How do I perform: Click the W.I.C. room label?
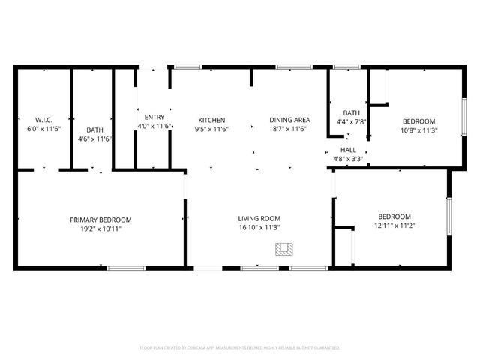(x=43, y=120)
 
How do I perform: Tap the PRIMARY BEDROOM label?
(x=100, y=220)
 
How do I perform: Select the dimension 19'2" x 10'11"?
(x=100, y=229)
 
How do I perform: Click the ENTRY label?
(x=154, y=117)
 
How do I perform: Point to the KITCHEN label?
(x=211, y=120)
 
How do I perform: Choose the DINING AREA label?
(x=289, y=120)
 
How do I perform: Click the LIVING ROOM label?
(x=259, y=220)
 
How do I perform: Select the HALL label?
(x=348, y=150)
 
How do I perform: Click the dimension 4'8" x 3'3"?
(x=348, y=159)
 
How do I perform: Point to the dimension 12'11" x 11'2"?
(x=393, y=225)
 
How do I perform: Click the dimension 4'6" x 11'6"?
(x=94, y=139)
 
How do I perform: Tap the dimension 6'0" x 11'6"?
(x=43, y=129)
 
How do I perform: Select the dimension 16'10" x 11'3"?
(x=259, y=229)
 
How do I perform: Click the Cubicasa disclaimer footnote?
(x=240, y=348)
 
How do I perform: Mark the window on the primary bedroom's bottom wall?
(x=126, y=268)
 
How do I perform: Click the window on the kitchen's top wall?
(x=187, y=67)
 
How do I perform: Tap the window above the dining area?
(x=289, y=67)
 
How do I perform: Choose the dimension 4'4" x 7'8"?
(x=352, y=121)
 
